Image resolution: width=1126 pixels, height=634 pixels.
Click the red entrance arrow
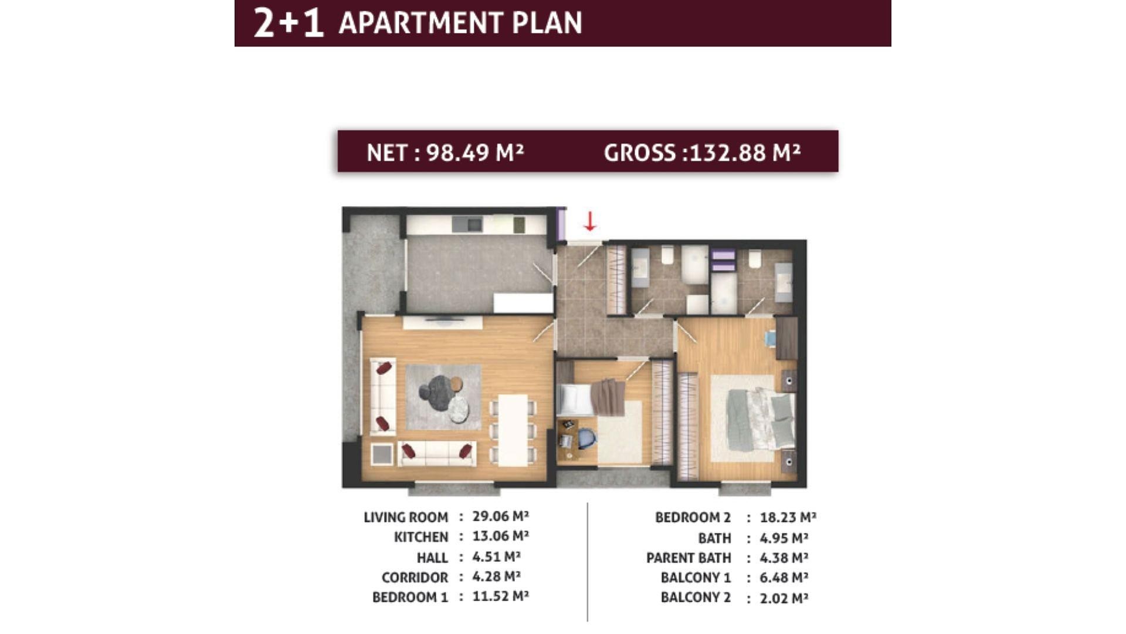coord(589,221)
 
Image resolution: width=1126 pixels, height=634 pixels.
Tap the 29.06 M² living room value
coord(500,516)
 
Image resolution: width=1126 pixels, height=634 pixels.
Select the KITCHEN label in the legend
coord(421,537)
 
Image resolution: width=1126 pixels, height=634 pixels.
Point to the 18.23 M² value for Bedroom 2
coord(788,517)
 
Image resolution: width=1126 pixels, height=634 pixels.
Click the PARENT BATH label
coord(689,558)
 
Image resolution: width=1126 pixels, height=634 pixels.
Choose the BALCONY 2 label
coord(696,598)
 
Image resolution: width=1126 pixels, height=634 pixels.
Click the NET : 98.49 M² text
coord(445,153)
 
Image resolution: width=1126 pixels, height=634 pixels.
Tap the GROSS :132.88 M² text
coord(702,153)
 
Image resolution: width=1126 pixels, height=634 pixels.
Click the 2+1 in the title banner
coord(289,23)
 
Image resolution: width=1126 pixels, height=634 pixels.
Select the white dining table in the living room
coord(513,430)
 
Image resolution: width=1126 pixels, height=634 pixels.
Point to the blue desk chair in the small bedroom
coord(586,439)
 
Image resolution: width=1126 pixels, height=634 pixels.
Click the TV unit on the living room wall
coord(443,322)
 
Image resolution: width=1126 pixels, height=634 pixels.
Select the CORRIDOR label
coord(415,578)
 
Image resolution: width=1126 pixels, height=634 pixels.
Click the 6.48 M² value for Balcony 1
coord(784,578)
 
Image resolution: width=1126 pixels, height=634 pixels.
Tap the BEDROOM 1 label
coord(410,598)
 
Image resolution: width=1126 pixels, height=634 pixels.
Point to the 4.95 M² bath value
coord(784,538)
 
